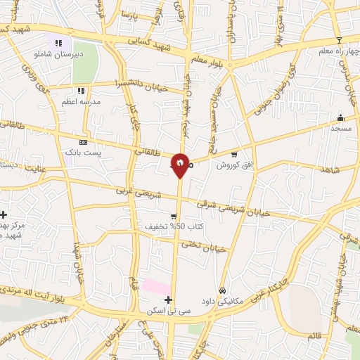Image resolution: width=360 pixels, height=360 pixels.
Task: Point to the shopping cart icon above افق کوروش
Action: point(234,155)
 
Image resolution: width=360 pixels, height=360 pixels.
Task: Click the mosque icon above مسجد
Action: point(341,117)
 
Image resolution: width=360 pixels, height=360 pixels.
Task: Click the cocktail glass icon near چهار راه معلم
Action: point(338,40)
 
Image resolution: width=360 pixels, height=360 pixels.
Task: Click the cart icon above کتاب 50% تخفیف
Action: point(173,217)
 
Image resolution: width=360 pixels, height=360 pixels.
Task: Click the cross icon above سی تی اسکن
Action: point(168,300)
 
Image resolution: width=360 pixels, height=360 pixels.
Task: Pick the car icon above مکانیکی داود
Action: point(222,290)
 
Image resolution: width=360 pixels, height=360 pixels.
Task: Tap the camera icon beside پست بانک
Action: point(83,142)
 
